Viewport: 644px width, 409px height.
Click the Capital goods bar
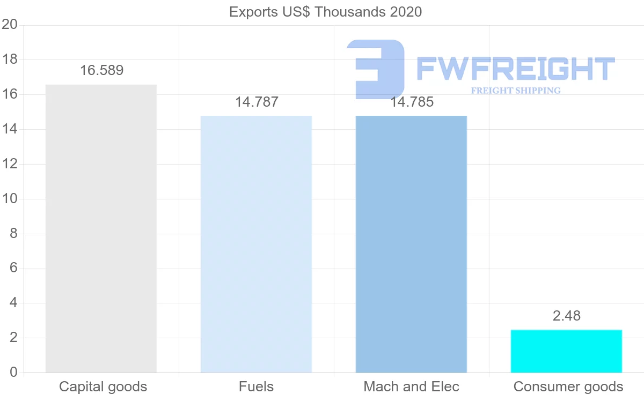[x=101, y=228]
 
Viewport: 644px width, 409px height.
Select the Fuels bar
[x=256, y=244]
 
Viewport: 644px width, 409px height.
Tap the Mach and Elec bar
[x=411, y=244]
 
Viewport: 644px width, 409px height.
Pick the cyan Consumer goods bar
[x=566, y=351]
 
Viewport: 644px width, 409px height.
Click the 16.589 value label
[x=101, y=70]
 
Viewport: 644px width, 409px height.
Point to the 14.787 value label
[x=257, y=102]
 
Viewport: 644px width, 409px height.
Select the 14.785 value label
[x=412, y=102]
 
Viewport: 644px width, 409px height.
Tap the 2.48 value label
[x=567, y=316]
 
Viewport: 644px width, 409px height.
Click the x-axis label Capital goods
[x=103, y=386]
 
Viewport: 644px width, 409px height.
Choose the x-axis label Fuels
[x=256, y=386]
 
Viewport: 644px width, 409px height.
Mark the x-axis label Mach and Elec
[x=412, y=386]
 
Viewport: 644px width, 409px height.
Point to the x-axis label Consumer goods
[x=568, y=386]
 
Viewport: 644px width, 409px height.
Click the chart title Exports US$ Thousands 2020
[x=326, y=11]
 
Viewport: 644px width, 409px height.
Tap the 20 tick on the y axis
[x=10, y=25]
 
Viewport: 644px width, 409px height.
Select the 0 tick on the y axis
[x=13, y=373]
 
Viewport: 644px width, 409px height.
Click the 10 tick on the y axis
[x=10, y=199]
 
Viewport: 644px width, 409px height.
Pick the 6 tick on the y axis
[x=13, y=268]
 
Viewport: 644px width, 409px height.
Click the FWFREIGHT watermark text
[x=515, y=68]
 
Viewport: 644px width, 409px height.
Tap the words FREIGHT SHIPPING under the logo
[x=516, y=91]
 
